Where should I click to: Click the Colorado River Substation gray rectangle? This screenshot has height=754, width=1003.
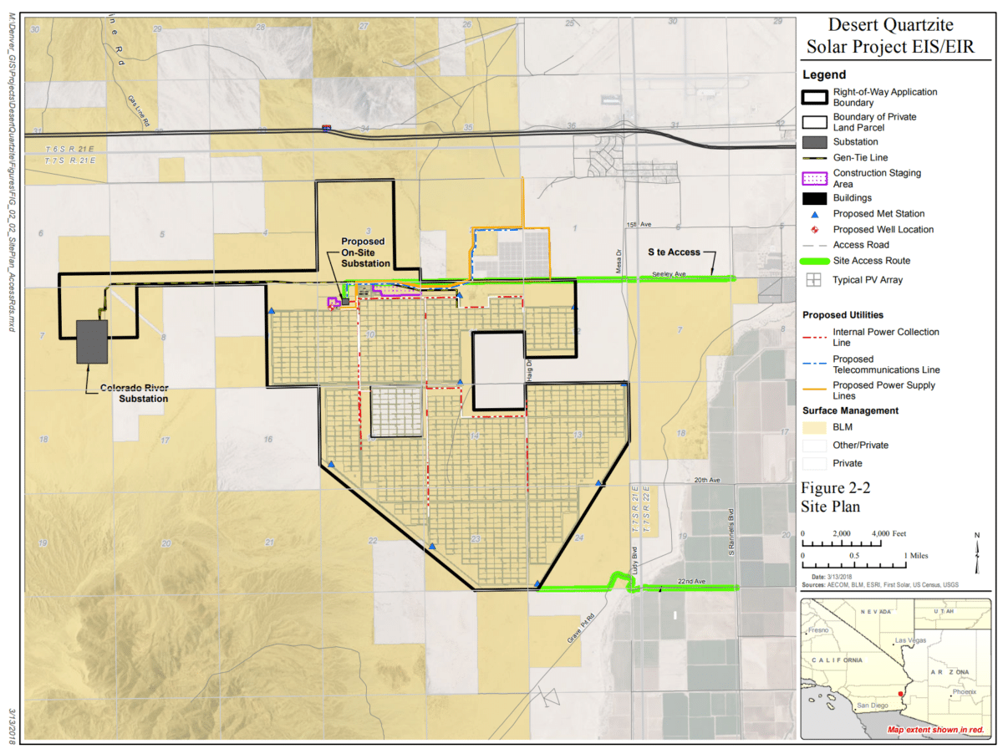(x=91, y=341)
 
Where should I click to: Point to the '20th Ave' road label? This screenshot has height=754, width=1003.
(x=706, y=481)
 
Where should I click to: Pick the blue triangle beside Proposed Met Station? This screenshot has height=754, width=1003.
(x=815, y=214)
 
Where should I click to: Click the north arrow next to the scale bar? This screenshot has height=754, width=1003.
(x=979, y=548)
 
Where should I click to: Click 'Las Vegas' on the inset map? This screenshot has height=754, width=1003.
(x=911, y=640)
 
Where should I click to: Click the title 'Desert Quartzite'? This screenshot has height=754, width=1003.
(x=890, y=25)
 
